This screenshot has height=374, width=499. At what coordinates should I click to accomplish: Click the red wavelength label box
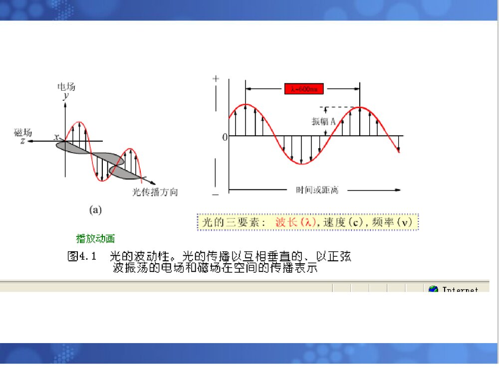(304, 89)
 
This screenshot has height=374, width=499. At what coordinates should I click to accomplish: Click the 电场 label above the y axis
(66, 87)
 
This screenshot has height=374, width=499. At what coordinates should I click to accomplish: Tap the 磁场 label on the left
(23, 133)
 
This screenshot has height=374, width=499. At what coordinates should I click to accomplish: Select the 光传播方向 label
(155, 192)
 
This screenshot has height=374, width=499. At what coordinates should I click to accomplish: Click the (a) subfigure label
(95, 210)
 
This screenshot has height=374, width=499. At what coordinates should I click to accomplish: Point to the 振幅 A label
(323, 121)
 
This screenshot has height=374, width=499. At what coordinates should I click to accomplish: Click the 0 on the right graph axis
(225, 137)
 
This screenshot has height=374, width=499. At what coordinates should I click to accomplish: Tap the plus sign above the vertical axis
(216, 79)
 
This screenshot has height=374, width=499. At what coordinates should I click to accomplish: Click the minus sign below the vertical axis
(216, 194)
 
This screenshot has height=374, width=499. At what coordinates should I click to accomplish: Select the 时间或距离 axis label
(317, 190)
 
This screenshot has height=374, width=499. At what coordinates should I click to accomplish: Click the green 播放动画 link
(95, 239)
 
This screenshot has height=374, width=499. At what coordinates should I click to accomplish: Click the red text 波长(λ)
(295, 222)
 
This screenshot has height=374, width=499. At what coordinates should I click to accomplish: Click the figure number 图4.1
(81, 257)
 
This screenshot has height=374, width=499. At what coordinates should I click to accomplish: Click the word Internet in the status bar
(460, 290)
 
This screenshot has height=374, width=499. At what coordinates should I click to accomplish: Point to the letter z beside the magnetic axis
(23, 142)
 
